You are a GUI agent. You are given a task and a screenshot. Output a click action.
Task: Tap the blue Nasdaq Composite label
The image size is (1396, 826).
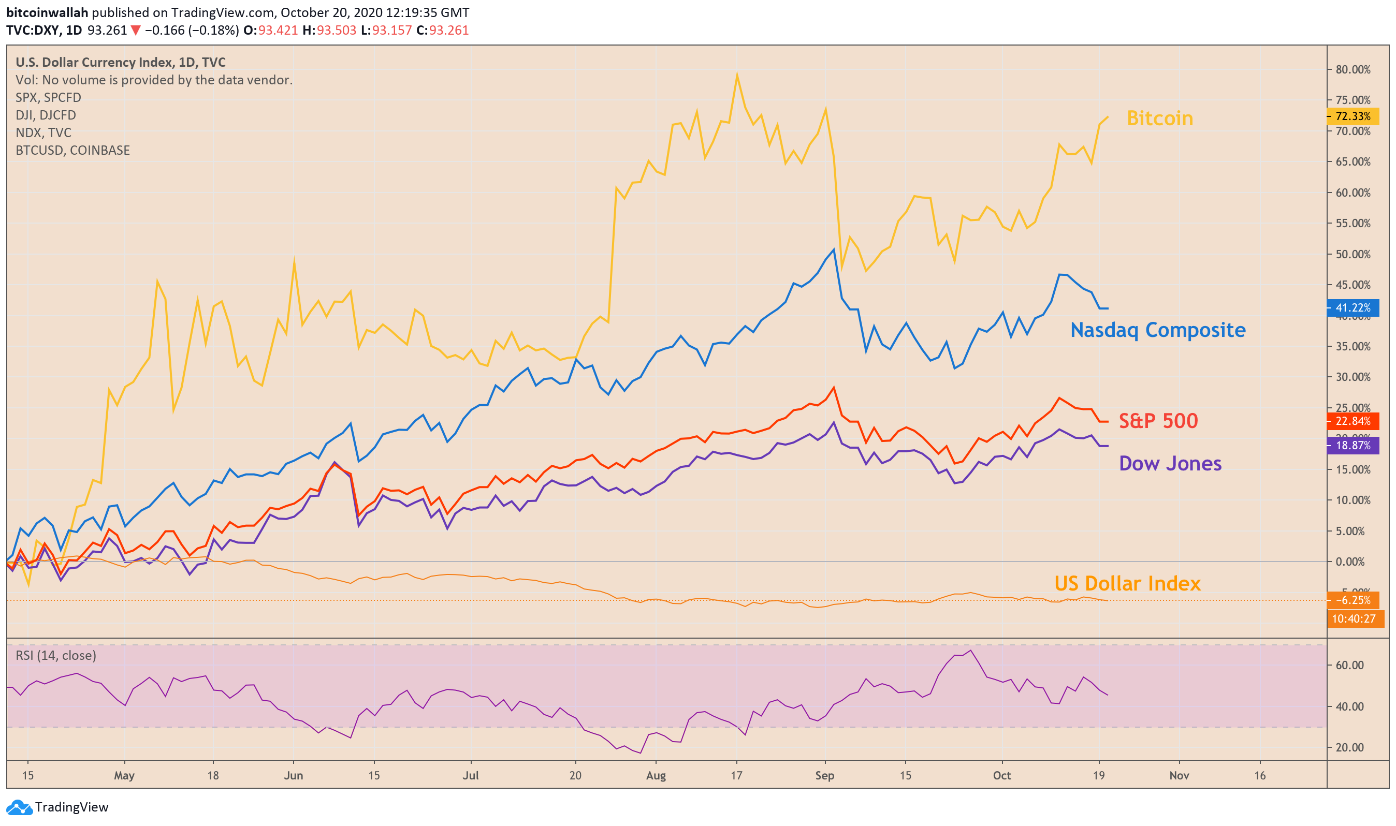click(1157, 330)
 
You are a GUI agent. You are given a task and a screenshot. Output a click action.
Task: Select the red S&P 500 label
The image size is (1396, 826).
click(1158, 421)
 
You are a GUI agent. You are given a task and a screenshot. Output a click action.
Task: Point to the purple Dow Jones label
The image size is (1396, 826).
click(1169, 464)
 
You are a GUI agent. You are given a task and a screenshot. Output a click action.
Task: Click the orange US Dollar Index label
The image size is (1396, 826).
click(1127, 583)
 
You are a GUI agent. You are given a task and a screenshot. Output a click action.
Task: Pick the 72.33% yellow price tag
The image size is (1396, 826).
click(1352, 116)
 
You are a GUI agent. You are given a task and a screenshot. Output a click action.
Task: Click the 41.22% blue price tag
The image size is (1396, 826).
click(1352, 308)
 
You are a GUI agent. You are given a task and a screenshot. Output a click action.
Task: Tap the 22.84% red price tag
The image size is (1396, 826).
click(1352, 421)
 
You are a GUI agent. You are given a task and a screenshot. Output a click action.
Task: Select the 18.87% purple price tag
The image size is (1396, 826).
click(1352, 445)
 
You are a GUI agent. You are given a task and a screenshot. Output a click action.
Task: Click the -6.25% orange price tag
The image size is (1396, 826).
click(1352, 600)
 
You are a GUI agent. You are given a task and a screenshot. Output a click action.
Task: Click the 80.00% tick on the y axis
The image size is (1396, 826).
click(1352, 69)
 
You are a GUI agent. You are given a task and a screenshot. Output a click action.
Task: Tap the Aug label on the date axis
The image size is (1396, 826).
click(656, 775)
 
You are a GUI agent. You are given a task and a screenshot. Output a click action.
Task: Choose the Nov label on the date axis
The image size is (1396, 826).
click(1179, 775)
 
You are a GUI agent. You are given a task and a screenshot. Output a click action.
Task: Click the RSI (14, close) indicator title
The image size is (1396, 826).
click(56, 655)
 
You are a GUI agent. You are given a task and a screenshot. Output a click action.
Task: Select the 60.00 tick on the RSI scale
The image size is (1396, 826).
click(1349, 665)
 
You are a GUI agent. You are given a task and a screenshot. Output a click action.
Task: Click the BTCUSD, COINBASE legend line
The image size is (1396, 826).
click(72, 150)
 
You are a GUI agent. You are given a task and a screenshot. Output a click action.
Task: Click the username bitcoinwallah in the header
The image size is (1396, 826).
click(47, 12)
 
